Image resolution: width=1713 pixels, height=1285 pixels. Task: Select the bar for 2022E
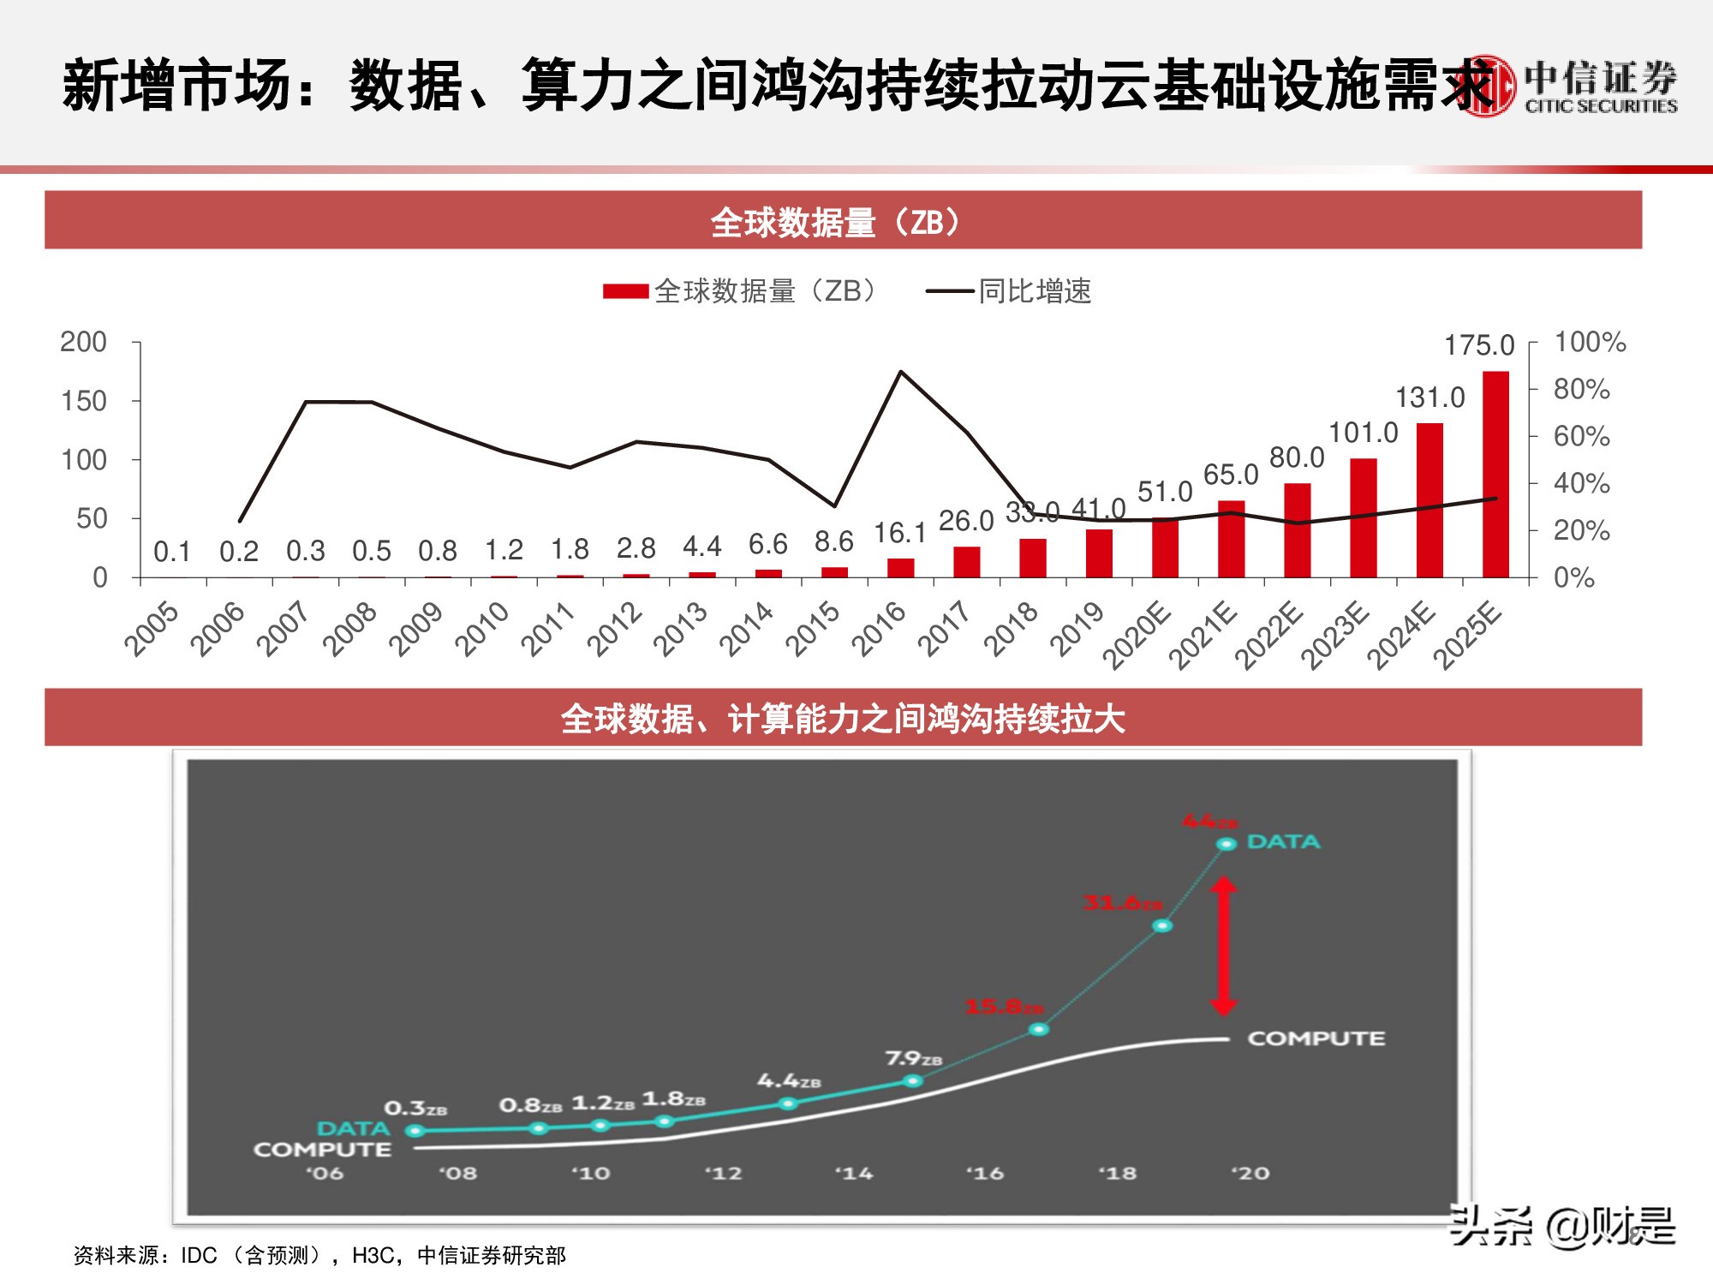pos(1297,530)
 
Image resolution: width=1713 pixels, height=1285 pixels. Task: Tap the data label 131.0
pos(1429,397)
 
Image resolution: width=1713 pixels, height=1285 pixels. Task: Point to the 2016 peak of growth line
pos(900,372)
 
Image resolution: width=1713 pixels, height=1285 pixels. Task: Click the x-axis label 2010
pos(482,629)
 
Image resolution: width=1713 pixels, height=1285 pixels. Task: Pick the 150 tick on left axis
pos(84,401)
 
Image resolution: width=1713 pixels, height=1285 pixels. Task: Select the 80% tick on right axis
pos(1581,389)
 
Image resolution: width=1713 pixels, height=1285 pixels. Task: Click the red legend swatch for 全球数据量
pos(625,291)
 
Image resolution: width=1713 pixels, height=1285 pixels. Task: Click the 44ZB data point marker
pos(1227,844)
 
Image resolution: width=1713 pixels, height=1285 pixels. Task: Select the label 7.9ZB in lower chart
pos(913,1059)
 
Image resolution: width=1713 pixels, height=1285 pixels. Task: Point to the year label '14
pos(854,1173)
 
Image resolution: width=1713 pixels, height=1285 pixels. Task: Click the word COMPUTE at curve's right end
pos(1316,1038)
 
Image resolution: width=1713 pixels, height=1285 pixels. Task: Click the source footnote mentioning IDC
pos(319,1255)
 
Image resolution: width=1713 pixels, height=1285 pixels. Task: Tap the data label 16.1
pos(899,533)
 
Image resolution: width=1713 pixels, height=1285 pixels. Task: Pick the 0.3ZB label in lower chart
pos(415,1108)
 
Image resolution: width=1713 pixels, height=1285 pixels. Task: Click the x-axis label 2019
pos(1077,629)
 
